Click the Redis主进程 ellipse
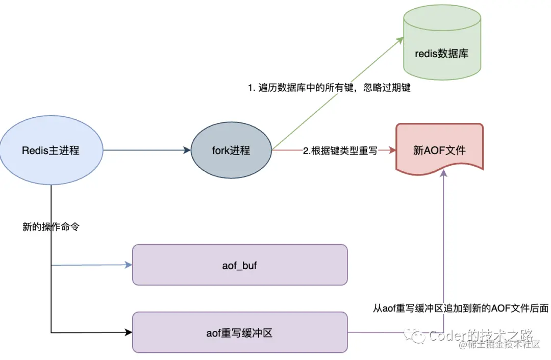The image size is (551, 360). point(51,150)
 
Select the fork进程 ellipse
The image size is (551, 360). point(231,150)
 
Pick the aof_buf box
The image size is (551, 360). point(240,265)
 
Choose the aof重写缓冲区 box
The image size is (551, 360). point(240,333)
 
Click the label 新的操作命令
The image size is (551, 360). point(51,227)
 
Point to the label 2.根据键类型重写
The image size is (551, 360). point(340,151)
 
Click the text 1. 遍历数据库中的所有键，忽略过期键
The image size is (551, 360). point(329,88)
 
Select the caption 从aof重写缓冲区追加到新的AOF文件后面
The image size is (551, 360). point(461,308)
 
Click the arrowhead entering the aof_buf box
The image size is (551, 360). point(129,265)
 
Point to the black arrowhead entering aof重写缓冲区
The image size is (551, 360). point(129,333)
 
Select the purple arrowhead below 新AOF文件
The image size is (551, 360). point(443,174)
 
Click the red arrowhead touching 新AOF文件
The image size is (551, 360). point(392,150)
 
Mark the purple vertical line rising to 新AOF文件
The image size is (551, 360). point(443,245)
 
